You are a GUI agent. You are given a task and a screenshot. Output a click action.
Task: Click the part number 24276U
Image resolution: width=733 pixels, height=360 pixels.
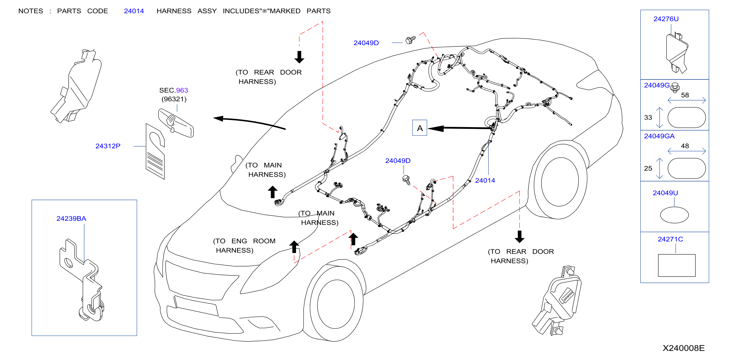click(x=666, y=19)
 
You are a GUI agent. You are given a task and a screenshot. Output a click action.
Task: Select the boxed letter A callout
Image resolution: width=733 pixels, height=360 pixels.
click(x=420, y=128)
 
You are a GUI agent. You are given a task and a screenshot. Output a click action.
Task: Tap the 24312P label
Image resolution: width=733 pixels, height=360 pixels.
click(x=108, y=146)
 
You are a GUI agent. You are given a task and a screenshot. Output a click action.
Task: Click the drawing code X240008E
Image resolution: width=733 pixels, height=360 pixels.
click(x=684, y=348)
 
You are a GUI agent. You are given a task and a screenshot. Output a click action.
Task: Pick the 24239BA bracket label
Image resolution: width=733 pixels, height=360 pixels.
click(x=71, y=219)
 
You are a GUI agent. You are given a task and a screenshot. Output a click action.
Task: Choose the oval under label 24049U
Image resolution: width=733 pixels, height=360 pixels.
click(x=674, y=215)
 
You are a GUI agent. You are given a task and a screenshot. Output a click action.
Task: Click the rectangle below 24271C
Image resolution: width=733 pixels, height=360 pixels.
click(x=677, y=265)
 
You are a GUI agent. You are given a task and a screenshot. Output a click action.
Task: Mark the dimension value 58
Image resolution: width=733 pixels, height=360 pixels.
click(x=685, y=95)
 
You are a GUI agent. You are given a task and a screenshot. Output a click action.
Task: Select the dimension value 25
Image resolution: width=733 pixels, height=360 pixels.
click(x=648, y=168)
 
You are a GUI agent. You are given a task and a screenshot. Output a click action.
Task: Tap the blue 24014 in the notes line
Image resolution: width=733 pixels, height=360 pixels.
click(x=134, y=11)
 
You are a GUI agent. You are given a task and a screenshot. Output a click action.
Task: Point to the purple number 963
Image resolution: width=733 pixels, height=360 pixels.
click(x=182, y=90)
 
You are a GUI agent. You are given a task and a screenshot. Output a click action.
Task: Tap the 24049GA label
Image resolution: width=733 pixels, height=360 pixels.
click(x=659, y=136)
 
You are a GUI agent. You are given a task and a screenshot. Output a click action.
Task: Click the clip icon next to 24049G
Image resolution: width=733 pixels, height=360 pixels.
click(x=675, y=88)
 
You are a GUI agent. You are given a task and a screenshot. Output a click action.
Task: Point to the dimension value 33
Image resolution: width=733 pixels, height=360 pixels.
click(x=648, y=117)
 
